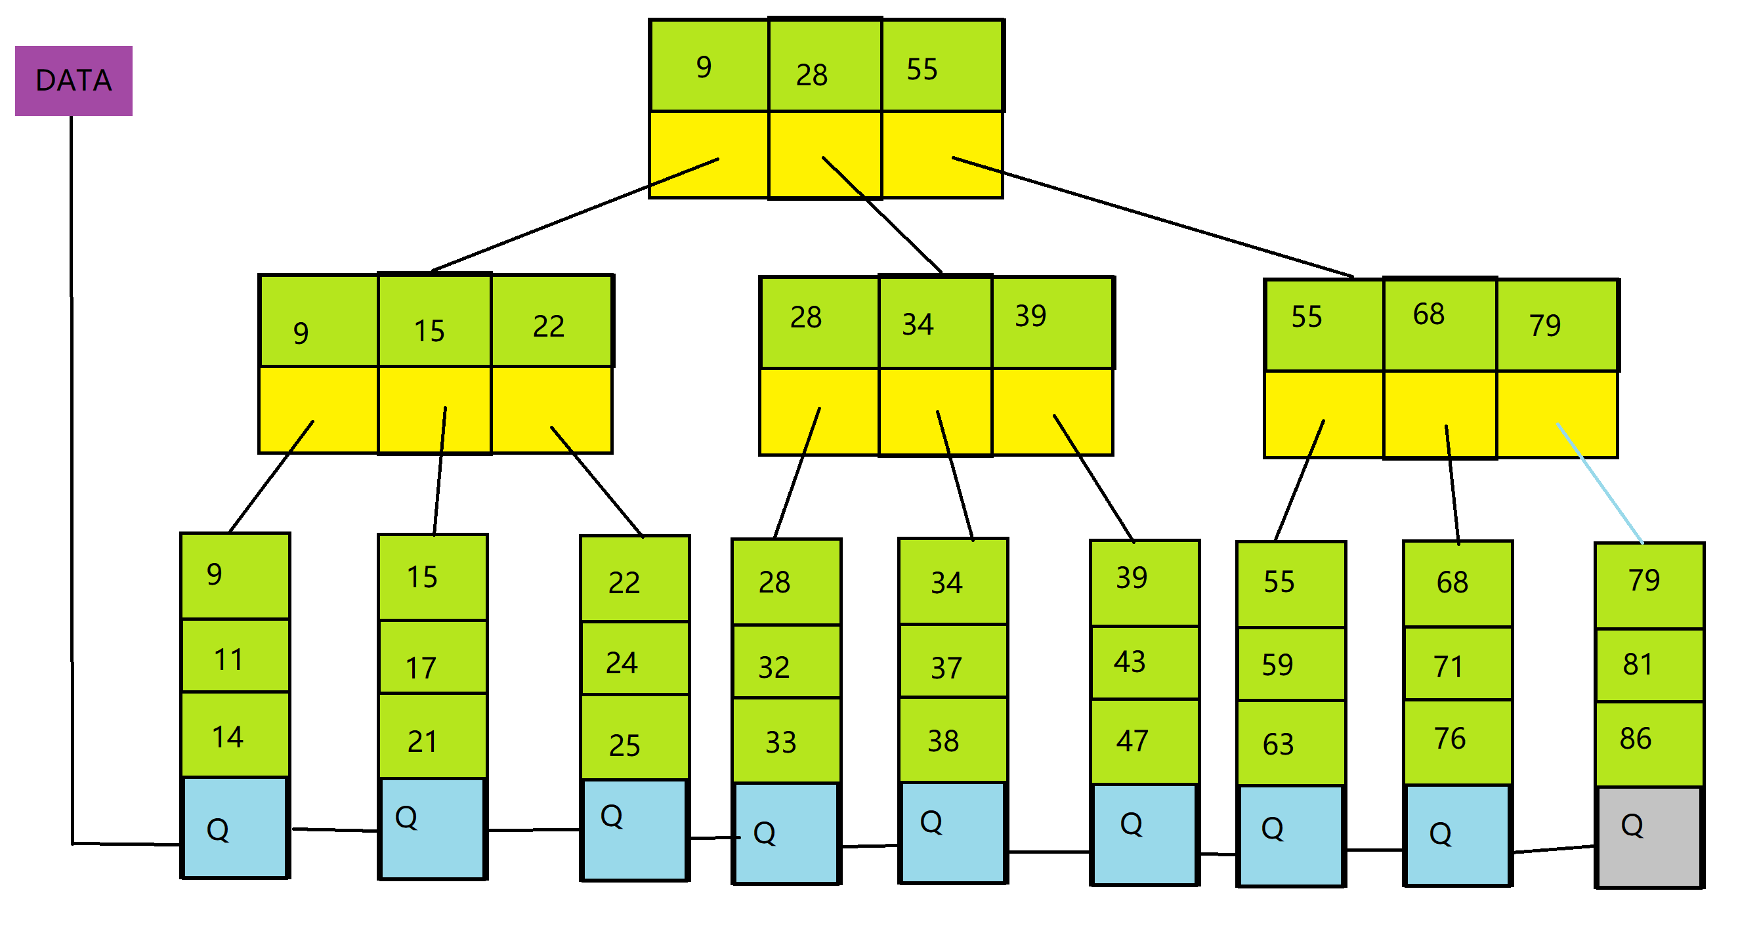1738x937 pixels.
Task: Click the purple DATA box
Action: coord(74,81)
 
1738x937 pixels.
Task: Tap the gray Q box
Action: coord(1648,837)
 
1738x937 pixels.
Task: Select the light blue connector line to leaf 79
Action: coord(1599,483)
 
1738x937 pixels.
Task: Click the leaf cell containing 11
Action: coord(236,656)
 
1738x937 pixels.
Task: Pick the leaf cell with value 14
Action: coord(236,735)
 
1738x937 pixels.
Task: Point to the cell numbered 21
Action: coord(433,737)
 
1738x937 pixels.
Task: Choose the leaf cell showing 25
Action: coord(635,738)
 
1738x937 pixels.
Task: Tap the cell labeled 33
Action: coord(786,741)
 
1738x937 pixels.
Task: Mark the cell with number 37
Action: coord(952,662)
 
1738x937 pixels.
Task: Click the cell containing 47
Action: coord(1144,742)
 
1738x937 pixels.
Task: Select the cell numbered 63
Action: coord(1290,743)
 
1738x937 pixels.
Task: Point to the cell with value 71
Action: coord(1457,664)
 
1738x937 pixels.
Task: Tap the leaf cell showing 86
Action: coord(1649,744)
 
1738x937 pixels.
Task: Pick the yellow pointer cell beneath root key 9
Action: coord(708,154)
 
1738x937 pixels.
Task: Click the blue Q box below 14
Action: coord(235,827)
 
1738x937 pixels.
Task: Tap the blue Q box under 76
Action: coord(1456,835)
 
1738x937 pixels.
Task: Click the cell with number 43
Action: coord(1144,663)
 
